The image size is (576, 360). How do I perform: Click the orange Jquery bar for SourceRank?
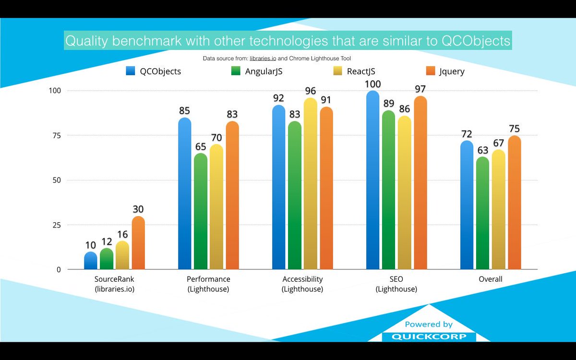(x=138, y=243)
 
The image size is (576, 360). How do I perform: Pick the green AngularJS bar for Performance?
(x=201, y=211)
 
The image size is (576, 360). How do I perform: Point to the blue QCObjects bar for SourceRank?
(x=91, y=261)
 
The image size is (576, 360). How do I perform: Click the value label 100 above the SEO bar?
(x=372, y=84)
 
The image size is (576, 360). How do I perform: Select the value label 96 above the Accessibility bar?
(x=310, y=91)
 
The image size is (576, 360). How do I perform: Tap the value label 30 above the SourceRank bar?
(x=138, y=210)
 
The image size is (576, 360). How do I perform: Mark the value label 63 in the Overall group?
(x=482, y=150)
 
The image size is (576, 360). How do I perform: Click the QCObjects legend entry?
(x=154, y=71)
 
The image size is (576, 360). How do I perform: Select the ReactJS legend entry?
(x=354, y=71)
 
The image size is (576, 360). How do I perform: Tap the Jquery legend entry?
(x=444, y=71)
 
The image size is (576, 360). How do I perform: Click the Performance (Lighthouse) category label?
(x=208, y=284)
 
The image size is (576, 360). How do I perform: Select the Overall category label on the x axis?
(x=490, y=279)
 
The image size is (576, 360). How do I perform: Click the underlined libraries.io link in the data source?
(x=259, y=59)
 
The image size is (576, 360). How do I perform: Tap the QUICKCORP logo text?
(x=429, y=336)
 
